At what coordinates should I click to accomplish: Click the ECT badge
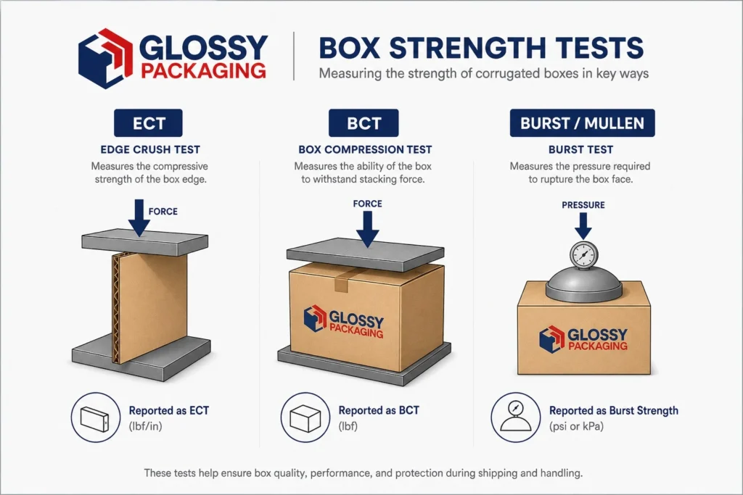coord(148,123)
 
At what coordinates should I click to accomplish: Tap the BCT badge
coord(364,123)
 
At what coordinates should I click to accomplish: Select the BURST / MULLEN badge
coord(583,123)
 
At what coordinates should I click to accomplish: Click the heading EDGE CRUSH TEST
coord(150,149)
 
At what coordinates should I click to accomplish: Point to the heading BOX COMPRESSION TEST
coord(365,149)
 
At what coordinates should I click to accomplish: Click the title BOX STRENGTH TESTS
coord(481,48)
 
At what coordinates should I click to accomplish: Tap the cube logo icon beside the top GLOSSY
coord(106,58)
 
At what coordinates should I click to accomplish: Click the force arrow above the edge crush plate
coord(139,217)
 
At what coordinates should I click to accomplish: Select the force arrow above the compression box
coord(367,229)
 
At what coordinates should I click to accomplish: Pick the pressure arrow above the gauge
coord(583,226)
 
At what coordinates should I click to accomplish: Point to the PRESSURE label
coord(583,205)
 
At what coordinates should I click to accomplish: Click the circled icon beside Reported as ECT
coord(96,417)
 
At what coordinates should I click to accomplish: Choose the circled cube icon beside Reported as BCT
coord(305,417)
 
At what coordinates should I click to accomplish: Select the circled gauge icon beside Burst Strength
coord(516,417)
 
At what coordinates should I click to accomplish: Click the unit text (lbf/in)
coord(145,426)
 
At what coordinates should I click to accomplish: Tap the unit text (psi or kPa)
coord(576,426)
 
